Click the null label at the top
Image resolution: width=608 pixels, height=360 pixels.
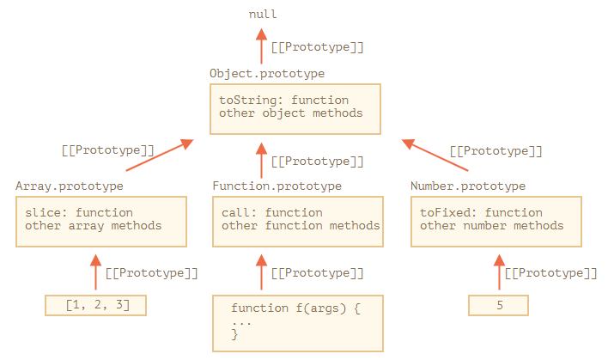(x=263, y=15)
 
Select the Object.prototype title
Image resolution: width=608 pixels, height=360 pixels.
(x=267, y=73)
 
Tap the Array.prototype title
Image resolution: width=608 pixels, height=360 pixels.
(x=70, y=186)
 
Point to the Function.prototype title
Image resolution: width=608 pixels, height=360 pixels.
(x=277, y=186)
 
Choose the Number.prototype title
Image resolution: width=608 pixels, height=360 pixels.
(x=468, y=186)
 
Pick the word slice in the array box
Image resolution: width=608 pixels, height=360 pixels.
(x=43, y=212)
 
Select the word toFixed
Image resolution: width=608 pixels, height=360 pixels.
(x=445, y=212)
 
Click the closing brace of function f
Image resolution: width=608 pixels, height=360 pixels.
(x=234, y=334)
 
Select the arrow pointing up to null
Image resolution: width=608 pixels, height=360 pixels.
(x=261, y=46)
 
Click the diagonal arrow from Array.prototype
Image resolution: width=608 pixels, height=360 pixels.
(x=160, y=155)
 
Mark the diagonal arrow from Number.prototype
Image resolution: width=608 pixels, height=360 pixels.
(x=435, y=155)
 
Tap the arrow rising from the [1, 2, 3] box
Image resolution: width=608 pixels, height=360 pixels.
(x=96, y=272)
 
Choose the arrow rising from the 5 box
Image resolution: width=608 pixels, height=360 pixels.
(x=500, y=272)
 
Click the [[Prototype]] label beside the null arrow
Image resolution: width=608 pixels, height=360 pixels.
(x=317, y=47)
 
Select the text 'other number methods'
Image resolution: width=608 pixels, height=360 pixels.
(x=492, y=226)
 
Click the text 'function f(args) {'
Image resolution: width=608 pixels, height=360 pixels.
(x=296, y=308)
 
